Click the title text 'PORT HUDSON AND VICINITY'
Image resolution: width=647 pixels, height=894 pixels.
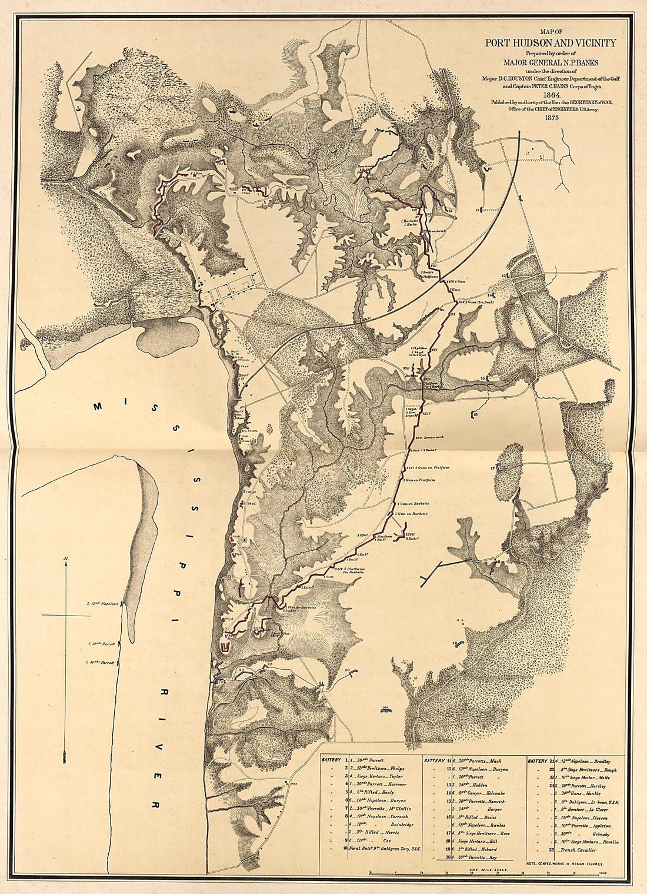click(551, 42)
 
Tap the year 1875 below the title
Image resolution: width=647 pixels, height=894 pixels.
click(551, 118)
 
